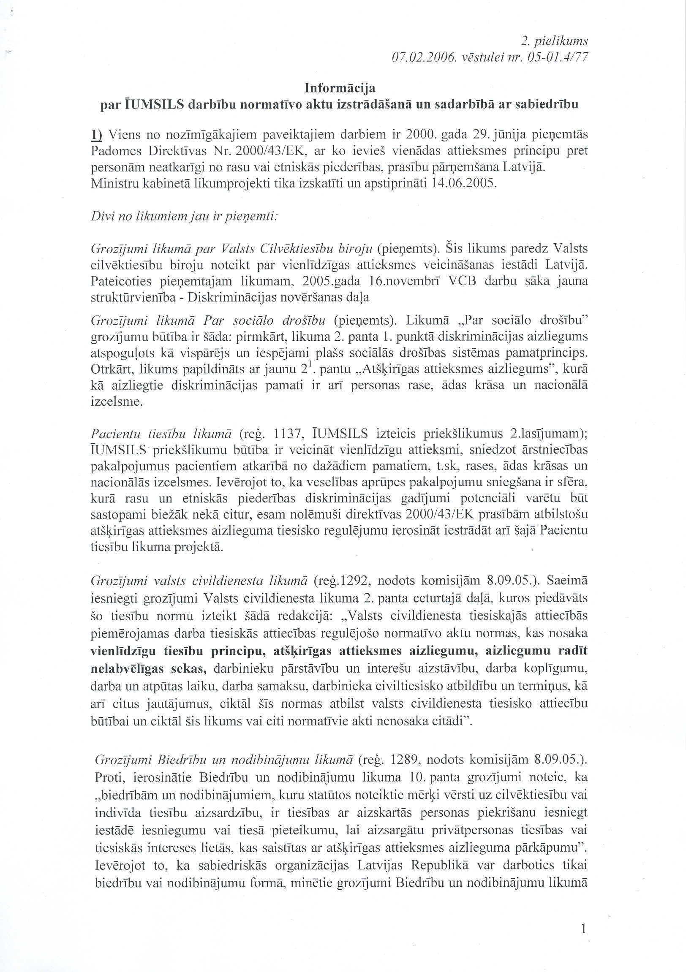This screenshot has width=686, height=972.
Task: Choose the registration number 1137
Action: [x=289, y=434]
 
